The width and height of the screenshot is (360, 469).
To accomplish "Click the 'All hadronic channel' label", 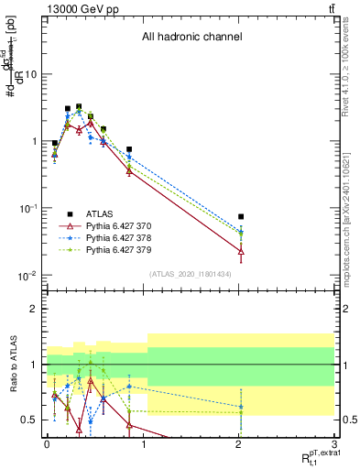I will pos(191,38).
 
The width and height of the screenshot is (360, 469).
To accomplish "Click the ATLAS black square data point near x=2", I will pos(241,217).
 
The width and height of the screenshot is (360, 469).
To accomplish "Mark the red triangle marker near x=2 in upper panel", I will pos(241,250).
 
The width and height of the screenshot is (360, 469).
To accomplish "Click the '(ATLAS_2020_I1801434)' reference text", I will pos(191,274).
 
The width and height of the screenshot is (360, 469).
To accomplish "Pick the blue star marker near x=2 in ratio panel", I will pos(241,407).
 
